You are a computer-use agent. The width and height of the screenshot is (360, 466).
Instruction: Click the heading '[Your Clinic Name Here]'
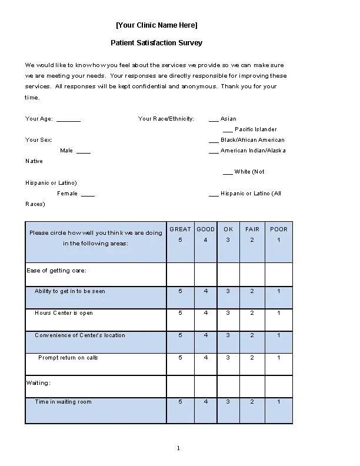(156, 25)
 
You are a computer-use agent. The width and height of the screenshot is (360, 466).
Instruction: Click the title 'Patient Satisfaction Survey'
(156, 43)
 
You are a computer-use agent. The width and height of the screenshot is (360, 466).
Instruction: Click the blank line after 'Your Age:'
(68, 119)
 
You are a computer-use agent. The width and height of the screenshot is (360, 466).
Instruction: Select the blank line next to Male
(84, 151)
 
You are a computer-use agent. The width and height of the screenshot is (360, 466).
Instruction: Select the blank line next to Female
(88, 194)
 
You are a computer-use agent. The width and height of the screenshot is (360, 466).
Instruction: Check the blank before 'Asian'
(214, 119)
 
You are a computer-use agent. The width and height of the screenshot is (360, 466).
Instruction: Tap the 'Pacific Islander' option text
(255, 129)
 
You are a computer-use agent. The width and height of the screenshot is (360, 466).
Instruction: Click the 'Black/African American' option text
(252, 140)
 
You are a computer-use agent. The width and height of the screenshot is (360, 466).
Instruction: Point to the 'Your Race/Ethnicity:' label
(166, 119)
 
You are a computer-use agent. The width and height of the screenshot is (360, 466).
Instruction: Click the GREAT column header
(180, 229)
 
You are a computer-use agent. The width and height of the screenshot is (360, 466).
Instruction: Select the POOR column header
(279, 229)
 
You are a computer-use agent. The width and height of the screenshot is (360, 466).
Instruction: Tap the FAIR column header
(252, 229)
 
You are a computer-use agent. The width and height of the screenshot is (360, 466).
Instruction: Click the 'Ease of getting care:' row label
(56, 271)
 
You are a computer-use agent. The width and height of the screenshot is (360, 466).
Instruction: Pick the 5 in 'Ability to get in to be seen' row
(180, 291)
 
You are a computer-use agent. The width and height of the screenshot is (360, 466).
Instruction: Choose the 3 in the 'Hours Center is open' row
(228, 313)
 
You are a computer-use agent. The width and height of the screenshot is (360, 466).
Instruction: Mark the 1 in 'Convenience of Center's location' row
(279, 335)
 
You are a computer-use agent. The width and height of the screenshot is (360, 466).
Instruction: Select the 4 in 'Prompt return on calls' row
(206, 358)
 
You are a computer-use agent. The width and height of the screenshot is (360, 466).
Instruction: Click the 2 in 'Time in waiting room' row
(252, 402)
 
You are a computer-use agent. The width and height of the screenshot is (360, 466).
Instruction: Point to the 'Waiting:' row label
(38, 383)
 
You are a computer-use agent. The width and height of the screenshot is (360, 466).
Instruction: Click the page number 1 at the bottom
(178, 449)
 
